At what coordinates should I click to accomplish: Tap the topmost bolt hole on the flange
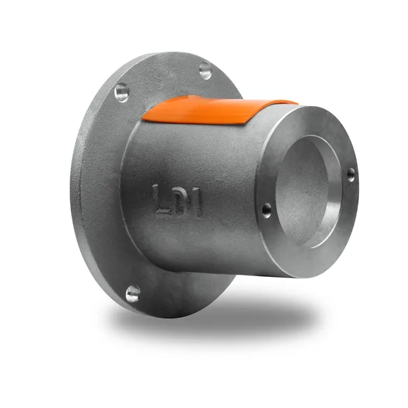point(205,70)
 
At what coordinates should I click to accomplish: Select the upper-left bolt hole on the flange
point(122,92)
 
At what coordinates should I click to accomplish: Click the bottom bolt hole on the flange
point(132,294)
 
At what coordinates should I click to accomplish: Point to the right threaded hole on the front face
point(351,175)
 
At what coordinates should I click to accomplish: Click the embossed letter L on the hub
point(160,199)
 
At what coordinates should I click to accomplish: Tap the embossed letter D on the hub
point(178,201)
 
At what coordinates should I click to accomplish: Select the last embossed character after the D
point(196,203)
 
